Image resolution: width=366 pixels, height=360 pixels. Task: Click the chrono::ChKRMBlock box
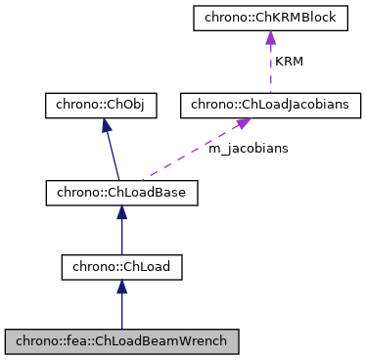(268, 17)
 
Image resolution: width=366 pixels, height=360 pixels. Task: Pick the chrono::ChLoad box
(121, 266)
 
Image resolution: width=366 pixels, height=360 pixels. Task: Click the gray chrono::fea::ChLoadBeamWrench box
(121, 341)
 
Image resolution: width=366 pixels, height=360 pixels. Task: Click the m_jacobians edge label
(248, 148)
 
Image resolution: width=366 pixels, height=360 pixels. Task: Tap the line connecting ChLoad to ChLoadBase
(121, 235)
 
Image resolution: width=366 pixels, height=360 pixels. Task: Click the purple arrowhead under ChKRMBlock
(268, 38)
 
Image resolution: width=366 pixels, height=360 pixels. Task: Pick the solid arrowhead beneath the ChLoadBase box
(121, 213)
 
